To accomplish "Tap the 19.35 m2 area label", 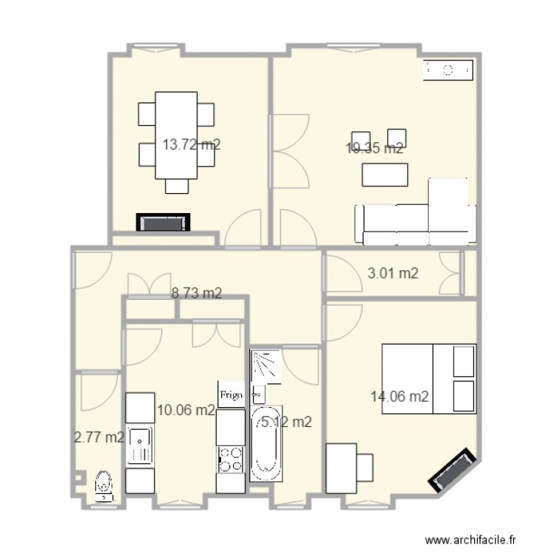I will point(374,148).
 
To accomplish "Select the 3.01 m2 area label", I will point(393,274).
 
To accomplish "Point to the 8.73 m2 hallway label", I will point(197,293).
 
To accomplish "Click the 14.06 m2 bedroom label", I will point(399,397).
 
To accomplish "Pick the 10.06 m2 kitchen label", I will point(185,410).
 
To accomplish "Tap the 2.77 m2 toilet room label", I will point(99,437).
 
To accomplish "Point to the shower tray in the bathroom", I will point(266,366).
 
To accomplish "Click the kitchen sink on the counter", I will point(139,445).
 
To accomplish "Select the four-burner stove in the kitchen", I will point(230,459).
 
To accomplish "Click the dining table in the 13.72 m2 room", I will point(176,135).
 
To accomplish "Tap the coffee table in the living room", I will point(385,174).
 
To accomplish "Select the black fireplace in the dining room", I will point(163,223).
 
